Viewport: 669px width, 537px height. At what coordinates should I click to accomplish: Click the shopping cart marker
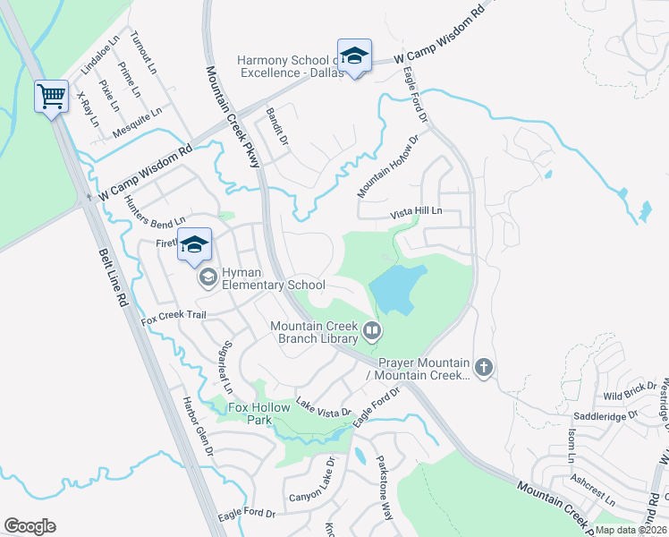[52, 96]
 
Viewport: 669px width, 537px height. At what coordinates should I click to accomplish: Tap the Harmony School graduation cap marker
[354, 56]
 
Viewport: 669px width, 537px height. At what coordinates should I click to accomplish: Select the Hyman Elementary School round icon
[207, 277]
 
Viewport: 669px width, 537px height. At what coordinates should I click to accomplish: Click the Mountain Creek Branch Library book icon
[371, 333]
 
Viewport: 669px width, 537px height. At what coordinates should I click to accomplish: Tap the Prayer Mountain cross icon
[484, 367]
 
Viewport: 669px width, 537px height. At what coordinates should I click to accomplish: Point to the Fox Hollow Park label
[259, 413]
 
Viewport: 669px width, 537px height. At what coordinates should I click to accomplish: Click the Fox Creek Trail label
[174, 315]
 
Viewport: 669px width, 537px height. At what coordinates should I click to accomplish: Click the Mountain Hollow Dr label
[387, 166]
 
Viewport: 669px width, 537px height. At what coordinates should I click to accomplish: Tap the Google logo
[30, 526]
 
